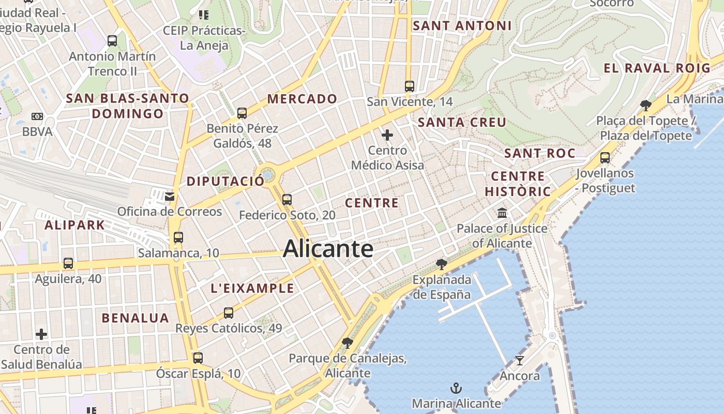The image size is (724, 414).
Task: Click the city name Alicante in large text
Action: (x=328, y=249)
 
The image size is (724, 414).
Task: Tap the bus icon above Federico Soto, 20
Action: (x=287, y=199)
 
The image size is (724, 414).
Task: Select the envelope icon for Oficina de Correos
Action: (x=169, y=196)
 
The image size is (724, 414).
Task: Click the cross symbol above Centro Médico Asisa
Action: (x=387, y=136)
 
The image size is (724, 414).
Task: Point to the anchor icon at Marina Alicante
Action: (x=456, y=388)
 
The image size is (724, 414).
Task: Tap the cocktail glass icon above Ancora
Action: (x=520, y=360)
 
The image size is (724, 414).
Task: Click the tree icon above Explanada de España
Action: (x=442, y=264)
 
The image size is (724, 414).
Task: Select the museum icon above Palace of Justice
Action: (x=502, y=213)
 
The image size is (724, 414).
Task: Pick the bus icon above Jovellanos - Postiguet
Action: (x=605, y=158)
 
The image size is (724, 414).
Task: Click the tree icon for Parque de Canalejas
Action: (x=348, y=343)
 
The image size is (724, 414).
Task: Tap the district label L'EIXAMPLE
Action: (x=252, y=289)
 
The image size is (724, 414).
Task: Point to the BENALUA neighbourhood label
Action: (x=135, y=318)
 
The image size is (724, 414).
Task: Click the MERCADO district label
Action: (x=302, y=99)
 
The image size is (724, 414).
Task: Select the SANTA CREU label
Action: (x=462, y=123)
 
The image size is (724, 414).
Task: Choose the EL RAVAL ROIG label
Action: (x=657, y=68)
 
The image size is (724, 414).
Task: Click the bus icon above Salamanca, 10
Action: (x=178, y=238)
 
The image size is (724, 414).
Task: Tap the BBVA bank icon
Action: (x=37, y=116)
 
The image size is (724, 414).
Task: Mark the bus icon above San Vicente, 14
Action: (x=410, y=86)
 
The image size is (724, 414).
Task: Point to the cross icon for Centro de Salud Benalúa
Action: (x=41, y=334)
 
